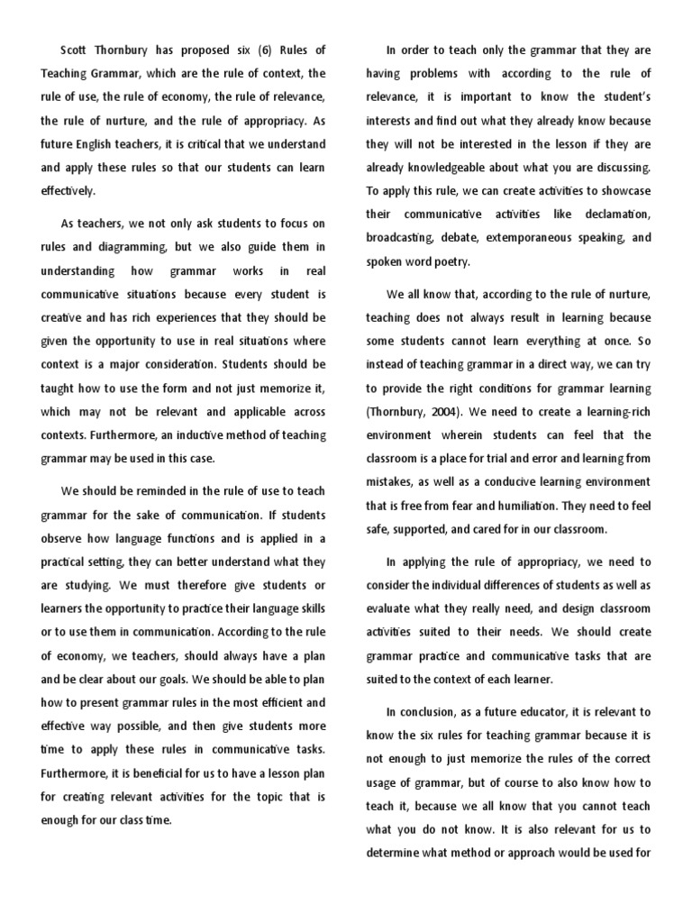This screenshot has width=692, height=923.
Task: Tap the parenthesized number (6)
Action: click(x=246, y=50)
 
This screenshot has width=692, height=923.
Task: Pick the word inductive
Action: click(x=166, y=434)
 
